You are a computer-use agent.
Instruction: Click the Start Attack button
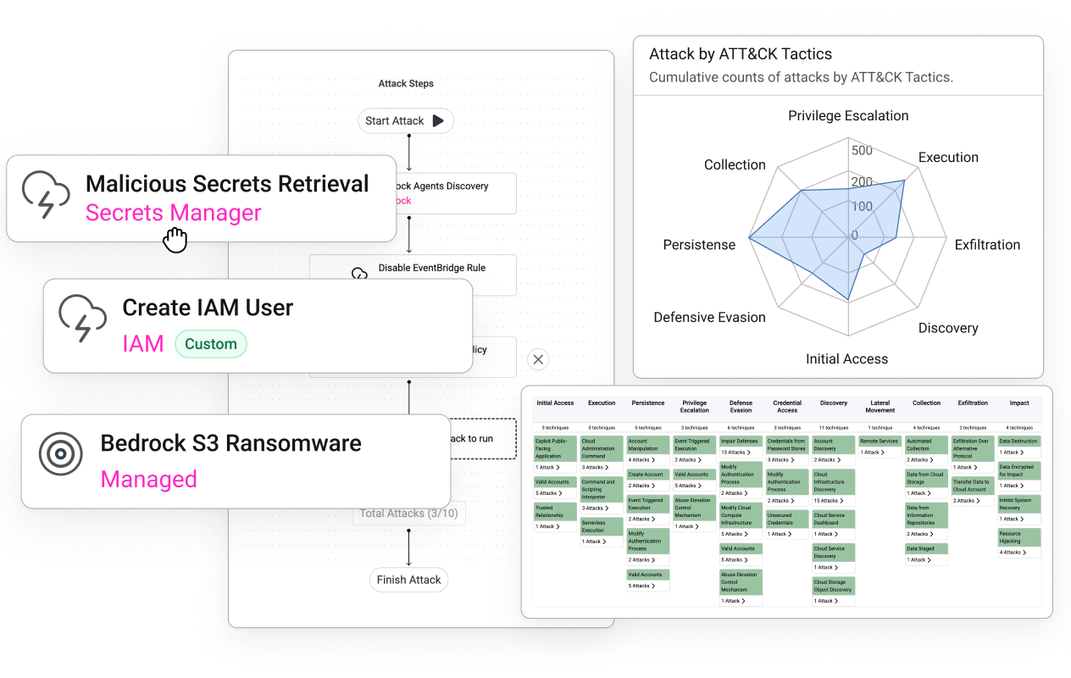pyautogui.click(x=405, y=121)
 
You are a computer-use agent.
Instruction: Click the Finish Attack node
pyautogui.click(x=408, y=580)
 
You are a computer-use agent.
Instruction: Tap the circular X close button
pyautogui.click(x=538, y=359)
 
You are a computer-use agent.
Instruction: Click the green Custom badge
pyautogui.click(x=211, y=344)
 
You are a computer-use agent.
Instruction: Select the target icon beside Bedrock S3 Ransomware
pyautogui.click(x=61, y=454)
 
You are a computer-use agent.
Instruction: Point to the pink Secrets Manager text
pyautogui.click(x=173, y=213)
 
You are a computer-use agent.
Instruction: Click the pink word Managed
pyautogui.click(x=148, y=480)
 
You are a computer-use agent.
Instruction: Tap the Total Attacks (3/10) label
pyautogui.click(x=408, y=513)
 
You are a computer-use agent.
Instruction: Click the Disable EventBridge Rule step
pyautogui.click(x=431, y=269)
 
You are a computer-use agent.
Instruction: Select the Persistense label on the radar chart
pyautogui.click(x=699, y=245)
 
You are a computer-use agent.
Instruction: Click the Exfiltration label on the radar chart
pyautogui.click(x=987, y=245)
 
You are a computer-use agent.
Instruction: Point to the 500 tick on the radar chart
pyautogui.click(x=862, y=151)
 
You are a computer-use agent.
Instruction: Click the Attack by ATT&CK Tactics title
pyautogui.click(x=740, y=54)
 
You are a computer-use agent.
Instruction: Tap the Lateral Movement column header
pyautogui.click(x=880, y=407)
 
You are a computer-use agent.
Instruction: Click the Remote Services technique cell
pyautogui.click(x=879, y=442)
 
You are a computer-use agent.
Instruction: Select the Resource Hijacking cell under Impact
pyautogui.click(x=1018, y=537)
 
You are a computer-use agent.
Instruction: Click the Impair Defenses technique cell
pyautogui.click(x=741, y=442)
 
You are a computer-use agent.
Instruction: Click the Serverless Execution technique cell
pyautogui.click(x=601, y=526)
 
